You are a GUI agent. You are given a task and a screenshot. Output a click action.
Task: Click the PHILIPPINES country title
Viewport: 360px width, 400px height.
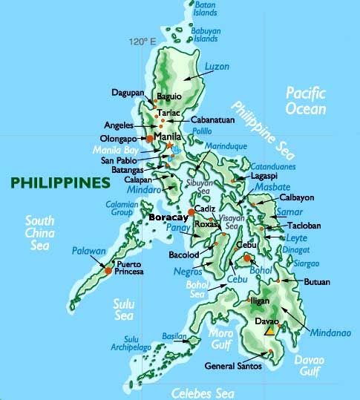coord(56,183)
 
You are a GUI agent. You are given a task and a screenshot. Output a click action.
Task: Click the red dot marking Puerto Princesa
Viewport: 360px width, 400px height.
coord(108,271)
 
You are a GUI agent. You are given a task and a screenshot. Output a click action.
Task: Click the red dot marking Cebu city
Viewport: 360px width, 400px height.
coord(246,258)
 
